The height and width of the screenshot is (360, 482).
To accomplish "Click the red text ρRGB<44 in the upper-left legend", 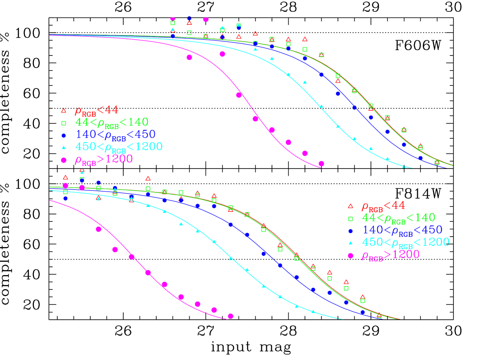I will tap(96, 110).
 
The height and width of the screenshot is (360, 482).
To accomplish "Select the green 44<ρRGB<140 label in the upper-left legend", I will tap(112, 122).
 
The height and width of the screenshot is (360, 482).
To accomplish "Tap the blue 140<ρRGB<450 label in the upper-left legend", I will tap(115, 134).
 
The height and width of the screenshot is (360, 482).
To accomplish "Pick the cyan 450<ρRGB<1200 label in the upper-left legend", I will tap(119, 146).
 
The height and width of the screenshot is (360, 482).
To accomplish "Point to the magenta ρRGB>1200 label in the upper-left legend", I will tap(103, 159).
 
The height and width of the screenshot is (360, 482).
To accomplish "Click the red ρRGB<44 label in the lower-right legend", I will tap(383, 206).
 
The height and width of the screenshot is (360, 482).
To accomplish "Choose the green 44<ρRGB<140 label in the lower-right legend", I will tap(398, 218).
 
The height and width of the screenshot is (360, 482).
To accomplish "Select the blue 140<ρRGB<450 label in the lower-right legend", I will tap(402, 230).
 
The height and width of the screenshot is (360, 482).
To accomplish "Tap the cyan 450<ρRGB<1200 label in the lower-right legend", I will tap(406, 242).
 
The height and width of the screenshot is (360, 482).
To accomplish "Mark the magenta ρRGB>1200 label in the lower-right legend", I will tap(390, 255).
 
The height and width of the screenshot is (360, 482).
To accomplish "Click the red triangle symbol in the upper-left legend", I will tap(64, 110).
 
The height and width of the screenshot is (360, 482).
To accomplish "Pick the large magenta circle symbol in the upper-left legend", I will tap(64, 160).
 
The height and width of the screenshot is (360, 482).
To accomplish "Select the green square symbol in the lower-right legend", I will tap(350, 219).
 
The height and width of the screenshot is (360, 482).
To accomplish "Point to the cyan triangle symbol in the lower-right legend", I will tap(350, 243).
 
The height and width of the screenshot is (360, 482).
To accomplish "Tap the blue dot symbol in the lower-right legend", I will tap(350, 231).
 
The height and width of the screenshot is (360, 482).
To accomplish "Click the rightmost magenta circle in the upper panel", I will tap(321, 164).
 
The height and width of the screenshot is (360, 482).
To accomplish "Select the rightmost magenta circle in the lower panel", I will tap(230, 316).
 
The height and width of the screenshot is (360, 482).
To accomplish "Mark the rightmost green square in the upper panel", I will tap(437, 163).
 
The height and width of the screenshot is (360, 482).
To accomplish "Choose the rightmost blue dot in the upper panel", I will tap(421, 158).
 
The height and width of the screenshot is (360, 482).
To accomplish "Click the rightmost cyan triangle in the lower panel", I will tap(313, 311).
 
